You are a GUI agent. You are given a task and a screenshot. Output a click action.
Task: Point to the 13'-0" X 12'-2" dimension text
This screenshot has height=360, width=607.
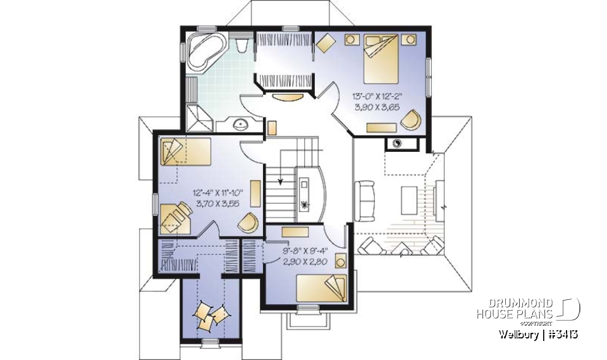coord(377,97)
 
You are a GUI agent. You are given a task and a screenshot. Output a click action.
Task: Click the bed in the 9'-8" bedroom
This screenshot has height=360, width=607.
coord(323,288)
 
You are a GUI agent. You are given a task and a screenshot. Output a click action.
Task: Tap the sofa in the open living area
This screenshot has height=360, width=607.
coord(365,201)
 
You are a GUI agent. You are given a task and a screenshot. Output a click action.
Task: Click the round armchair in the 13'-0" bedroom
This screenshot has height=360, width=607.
coord(412,118)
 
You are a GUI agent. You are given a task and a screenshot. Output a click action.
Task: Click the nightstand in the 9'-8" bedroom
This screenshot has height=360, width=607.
coord(340,261)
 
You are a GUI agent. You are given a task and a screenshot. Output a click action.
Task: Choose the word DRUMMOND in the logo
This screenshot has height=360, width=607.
coord(515,302)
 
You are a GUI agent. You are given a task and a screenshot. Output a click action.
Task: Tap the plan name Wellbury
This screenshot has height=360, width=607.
coord(518,334)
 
